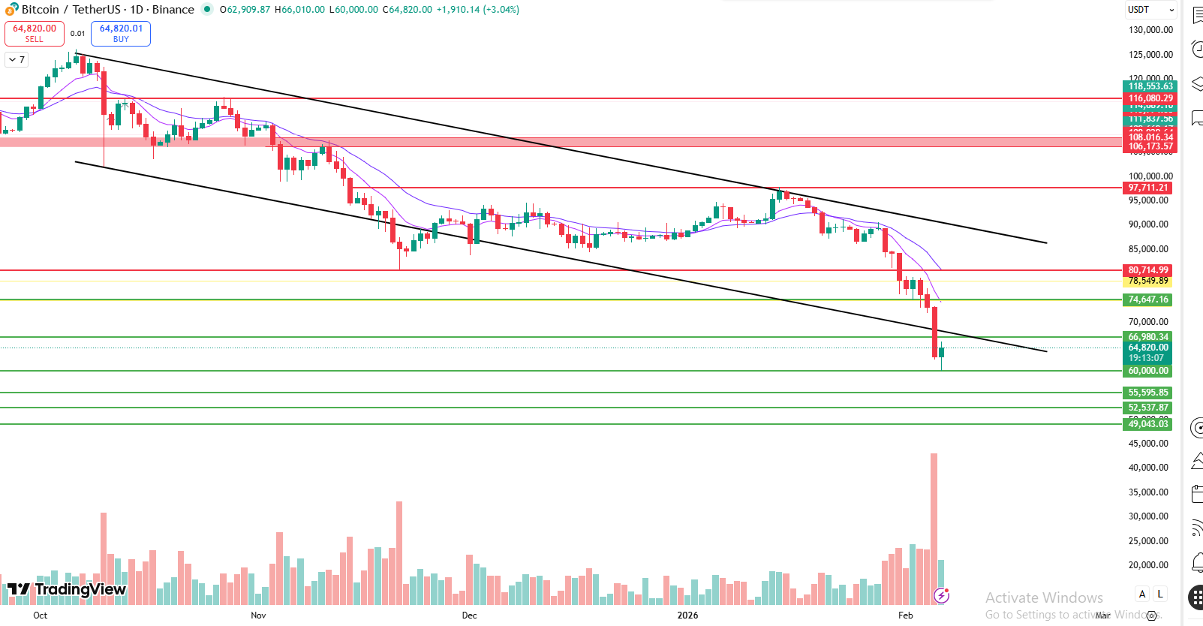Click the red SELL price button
coord(34,33)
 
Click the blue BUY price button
coord(121,33)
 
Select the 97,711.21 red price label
coord(1148,188)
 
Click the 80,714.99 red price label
coord(1148,270)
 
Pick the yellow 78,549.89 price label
coord(1148,281)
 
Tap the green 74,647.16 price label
coord(1148,299)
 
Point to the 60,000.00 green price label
coord(1148,371)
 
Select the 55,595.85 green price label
coord(1148,393)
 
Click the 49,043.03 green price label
coord(1148,424)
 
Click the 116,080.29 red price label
coord(1150,98)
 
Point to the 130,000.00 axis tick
coord(1150,30)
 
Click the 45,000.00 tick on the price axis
coord(1148,444)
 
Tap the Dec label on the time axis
coord(469,615)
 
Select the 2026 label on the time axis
coord(687,615)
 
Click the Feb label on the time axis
coord(906,615)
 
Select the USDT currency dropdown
coord(1150,10)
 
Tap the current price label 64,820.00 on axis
coord(1148,348)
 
